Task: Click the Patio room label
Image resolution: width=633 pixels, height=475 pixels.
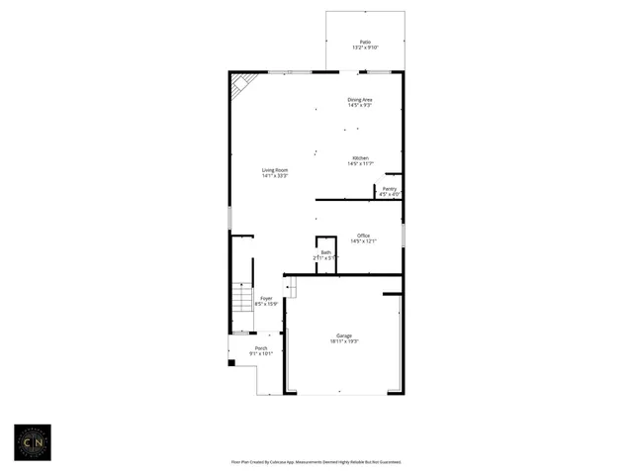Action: [365, 43]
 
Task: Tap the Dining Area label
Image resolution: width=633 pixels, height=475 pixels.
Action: [360, 99]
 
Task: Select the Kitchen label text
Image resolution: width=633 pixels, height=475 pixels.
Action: [360, 158]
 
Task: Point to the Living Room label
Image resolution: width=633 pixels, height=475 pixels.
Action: [275, 170]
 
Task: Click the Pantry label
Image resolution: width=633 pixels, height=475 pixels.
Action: [390, 188]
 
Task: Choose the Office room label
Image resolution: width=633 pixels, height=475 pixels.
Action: [364, 235]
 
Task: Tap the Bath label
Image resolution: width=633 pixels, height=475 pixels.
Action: [325, 252]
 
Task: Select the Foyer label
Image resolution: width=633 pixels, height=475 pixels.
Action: [266, 298]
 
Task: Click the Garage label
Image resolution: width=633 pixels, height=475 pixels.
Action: [344, 335]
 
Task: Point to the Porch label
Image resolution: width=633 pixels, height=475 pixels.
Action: [261, 348]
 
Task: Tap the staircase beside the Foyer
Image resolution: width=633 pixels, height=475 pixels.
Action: [242, 296]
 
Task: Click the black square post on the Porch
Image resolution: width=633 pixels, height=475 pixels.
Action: [231, 363]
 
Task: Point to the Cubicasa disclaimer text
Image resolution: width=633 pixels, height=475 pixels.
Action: [316, 461]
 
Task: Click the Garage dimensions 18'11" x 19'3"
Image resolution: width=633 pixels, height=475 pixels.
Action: [344, 341]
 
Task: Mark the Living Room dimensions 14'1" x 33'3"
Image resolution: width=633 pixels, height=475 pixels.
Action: [275, 176]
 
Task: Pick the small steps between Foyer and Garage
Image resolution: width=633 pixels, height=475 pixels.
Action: [290, 287]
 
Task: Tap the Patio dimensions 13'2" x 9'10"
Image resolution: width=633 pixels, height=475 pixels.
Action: [365, 48]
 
